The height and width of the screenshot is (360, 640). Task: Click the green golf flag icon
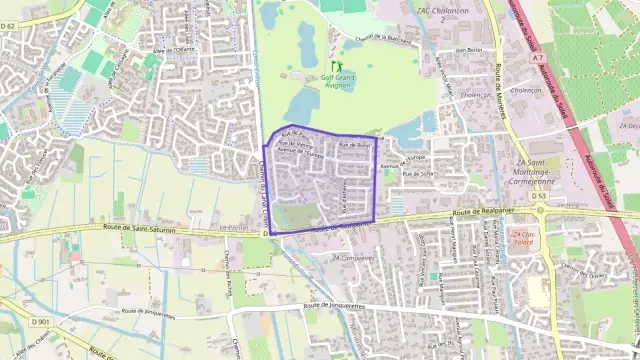pyautogui.click(x=336, y=66)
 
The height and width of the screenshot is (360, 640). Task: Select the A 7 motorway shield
pyautogui.click(x=538, y=58)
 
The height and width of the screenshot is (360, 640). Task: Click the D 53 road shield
pyautogui.click(x=539, y=197)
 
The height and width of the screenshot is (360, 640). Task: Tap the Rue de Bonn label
pyautogui.click(x=354, y=146)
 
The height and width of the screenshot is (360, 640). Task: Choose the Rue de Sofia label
pyautogui.click(x=418, y=173)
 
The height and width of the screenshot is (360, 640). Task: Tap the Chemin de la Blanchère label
pyautogui.click(x=377, y=40)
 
